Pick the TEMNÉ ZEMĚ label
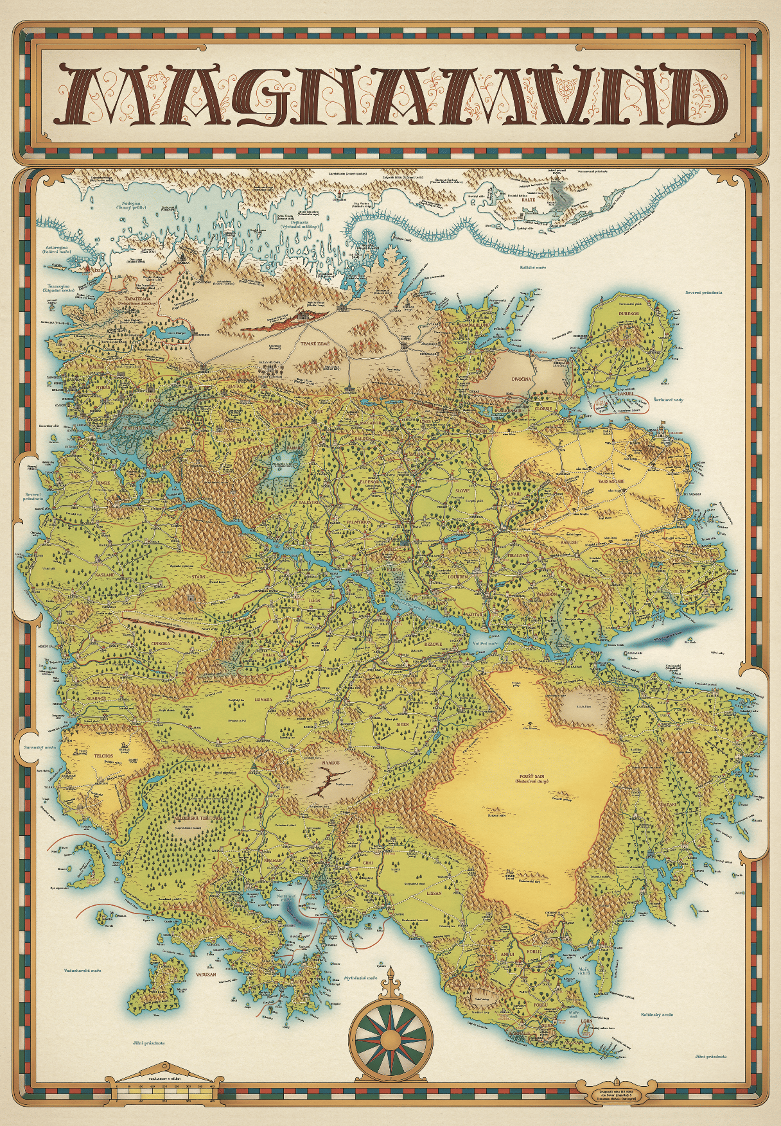point(315,344)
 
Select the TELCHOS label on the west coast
point(103,756)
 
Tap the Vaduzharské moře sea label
point(82,971)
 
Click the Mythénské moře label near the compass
point(364,978)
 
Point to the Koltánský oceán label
point(657,1015)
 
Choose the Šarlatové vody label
point(668,400)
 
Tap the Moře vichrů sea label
point(584,971)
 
